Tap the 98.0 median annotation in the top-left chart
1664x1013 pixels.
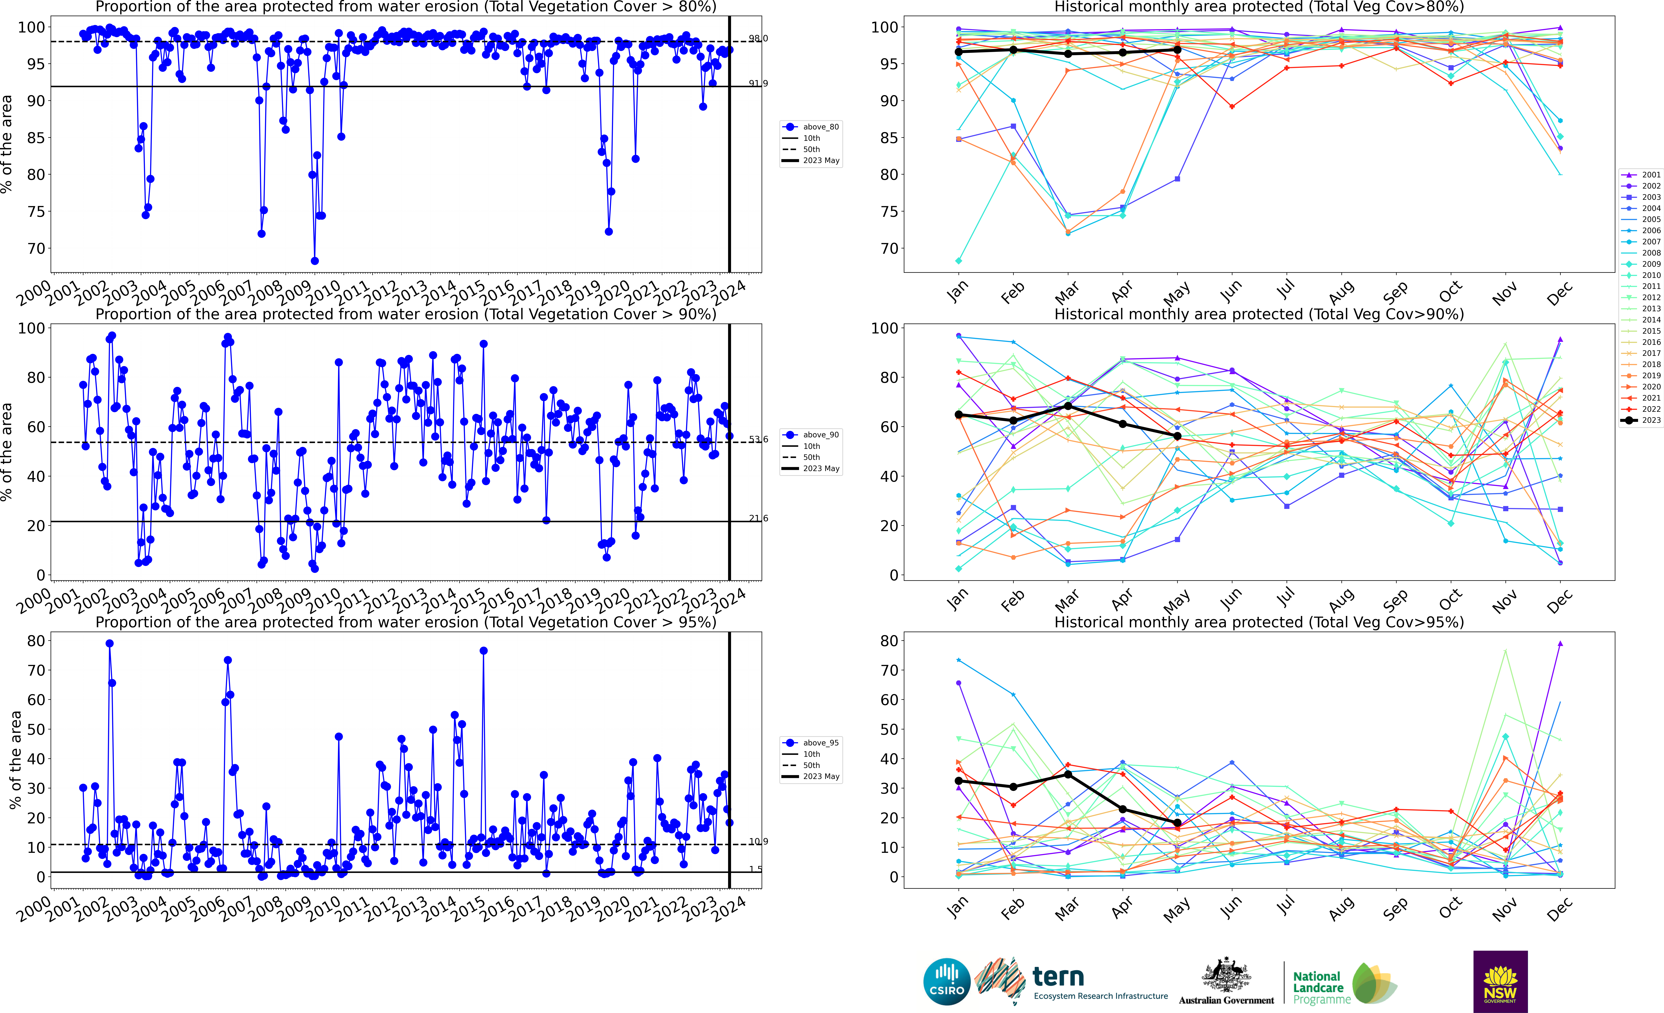pos(758,39)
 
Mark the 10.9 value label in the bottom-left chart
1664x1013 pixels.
pos(758,841)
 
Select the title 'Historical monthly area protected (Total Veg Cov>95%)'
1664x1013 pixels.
pos(1259,622)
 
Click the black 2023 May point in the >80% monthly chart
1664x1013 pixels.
pos(1177,49)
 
